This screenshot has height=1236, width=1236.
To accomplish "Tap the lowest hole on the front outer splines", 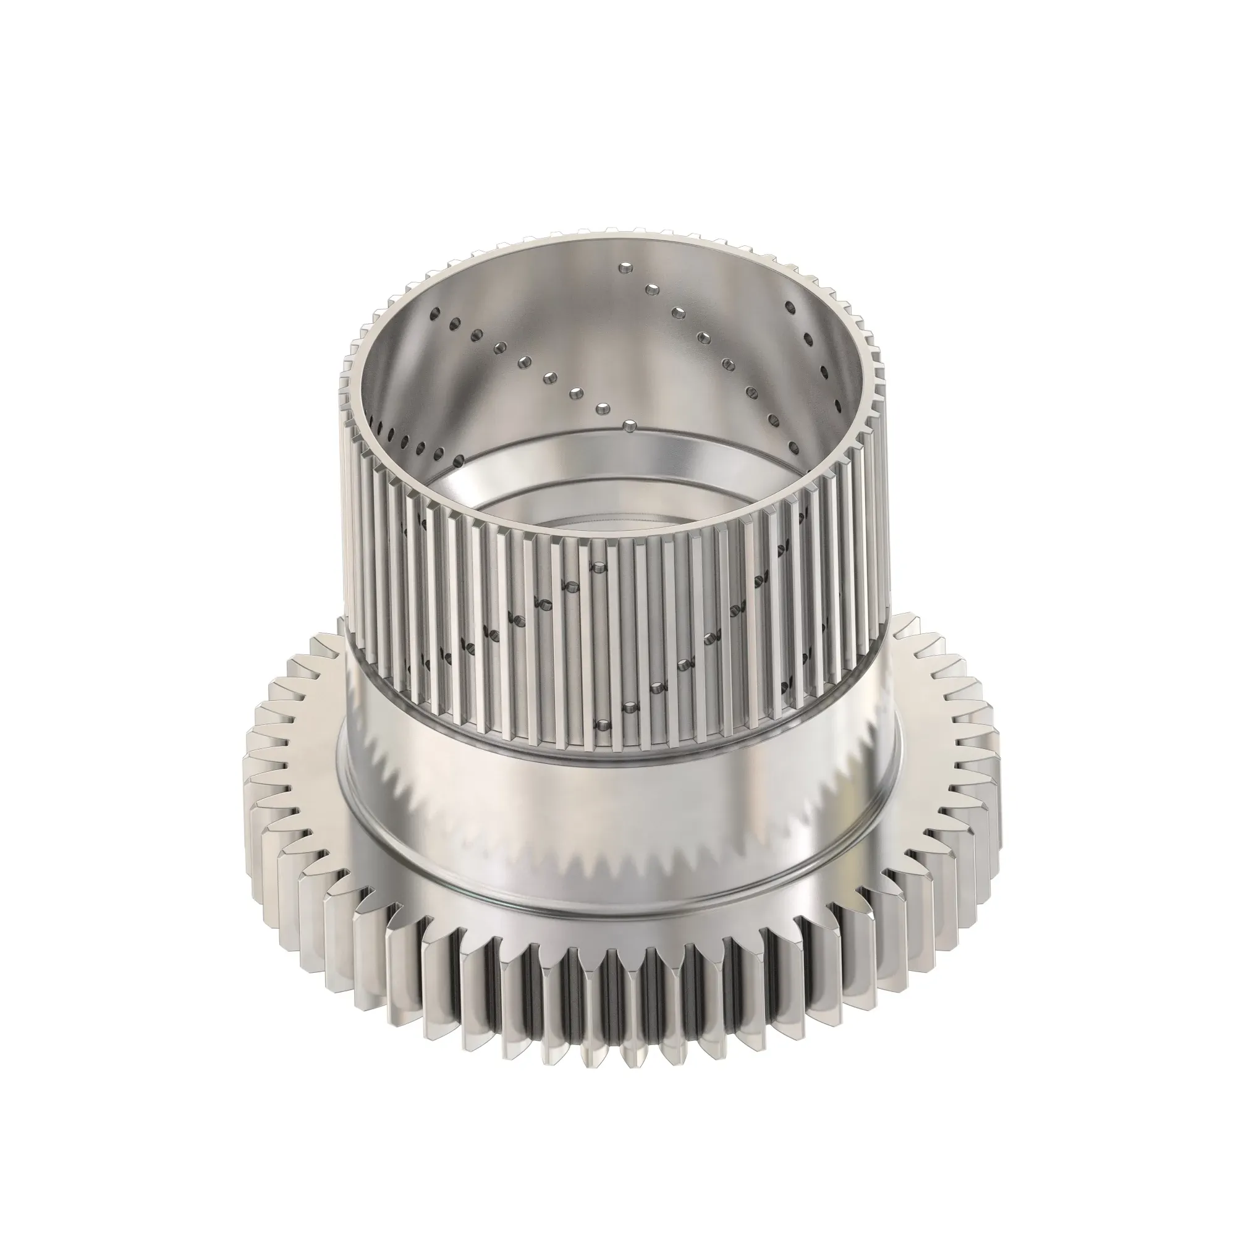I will [601, 725].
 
